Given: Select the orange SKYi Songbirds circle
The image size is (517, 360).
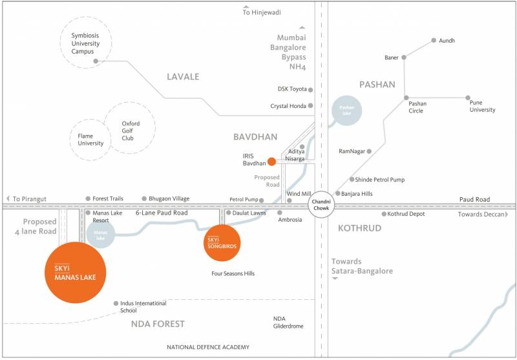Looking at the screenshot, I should point(222,243).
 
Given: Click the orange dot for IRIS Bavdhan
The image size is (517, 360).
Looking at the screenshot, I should point(272,162).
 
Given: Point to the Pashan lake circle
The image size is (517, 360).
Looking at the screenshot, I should point(346,111).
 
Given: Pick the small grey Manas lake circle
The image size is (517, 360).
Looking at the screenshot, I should point(100,234).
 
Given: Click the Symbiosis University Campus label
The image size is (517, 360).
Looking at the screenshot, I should point(87,43).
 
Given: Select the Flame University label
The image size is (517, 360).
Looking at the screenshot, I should point(90,140).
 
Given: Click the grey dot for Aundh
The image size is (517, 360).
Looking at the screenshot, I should point(434,41).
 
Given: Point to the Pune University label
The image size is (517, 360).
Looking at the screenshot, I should point(482,106).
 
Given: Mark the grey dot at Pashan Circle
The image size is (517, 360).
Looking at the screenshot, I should point(406,98).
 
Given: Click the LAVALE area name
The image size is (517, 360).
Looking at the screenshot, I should point(183,77).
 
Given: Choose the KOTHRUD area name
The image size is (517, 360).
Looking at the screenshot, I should point(359,228).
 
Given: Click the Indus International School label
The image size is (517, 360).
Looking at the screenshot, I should point(143,307).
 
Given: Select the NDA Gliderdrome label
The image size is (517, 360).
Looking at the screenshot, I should point(288,323).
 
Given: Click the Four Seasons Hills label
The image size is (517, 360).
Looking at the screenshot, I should point(233,274).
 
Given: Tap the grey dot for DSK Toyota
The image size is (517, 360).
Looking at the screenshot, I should point(311,90).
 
